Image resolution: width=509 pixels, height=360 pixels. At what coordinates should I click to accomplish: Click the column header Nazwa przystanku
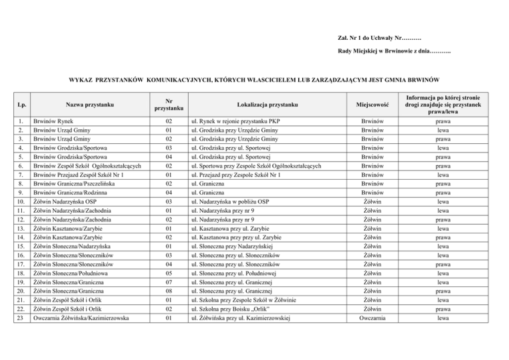(90, 105)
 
